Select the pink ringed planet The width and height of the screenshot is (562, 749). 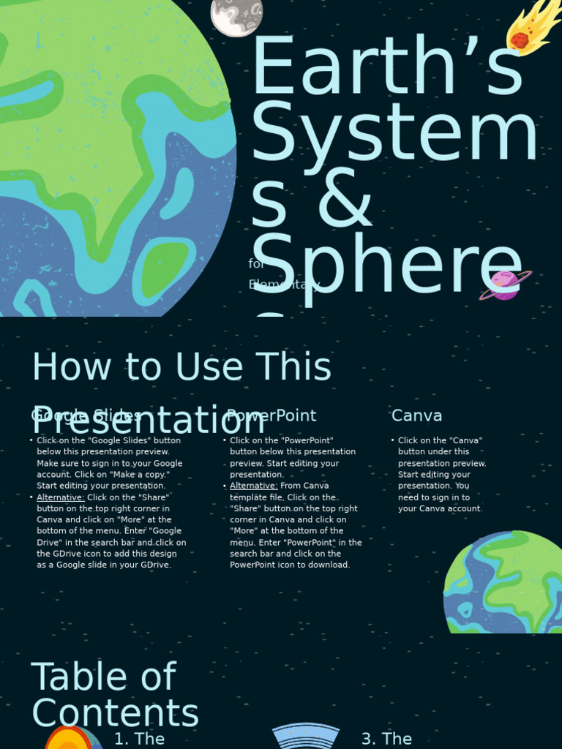click(505, 285)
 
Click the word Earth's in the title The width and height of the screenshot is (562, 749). click(386, 69)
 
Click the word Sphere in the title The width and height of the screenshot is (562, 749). click(386, 266)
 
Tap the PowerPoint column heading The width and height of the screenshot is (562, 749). click(271, 415)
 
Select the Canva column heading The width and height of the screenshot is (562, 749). click(416, 415)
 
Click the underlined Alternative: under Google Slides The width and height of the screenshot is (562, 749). click(61, 497)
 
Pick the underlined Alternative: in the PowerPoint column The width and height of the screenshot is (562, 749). click(253, 486)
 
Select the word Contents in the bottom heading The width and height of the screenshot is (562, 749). click(115, 714)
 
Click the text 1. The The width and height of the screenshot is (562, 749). click(140, 739)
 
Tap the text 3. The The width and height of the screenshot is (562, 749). click(386, 739)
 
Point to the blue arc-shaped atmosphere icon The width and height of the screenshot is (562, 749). click(305, 736)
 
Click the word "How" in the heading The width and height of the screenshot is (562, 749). click(67, 366)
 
